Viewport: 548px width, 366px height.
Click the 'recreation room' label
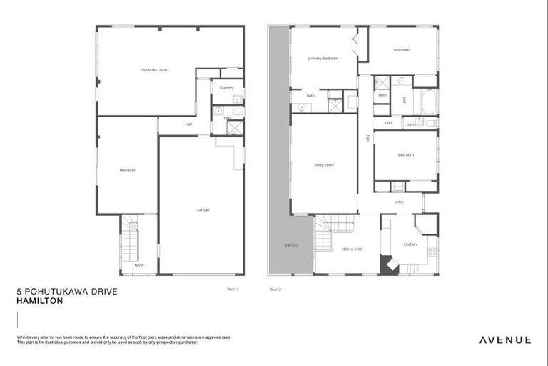pos(154,69)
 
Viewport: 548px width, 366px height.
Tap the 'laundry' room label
pos(227,88)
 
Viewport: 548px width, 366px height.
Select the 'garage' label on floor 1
pos(203,209)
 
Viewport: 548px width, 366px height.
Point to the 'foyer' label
pos(138,264)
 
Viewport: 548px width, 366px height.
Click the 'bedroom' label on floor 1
pos(127,170)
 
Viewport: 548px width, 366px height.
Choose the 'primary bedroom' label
pos(323,58)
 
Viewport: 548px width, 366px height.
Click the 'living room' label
pos(324,165)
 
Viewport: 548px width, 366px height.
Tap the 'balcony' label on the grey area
pos(291,245)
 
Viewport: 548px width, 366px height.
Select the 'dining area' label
pos(352,249)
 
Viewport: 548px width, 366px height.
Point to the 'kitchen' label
pos(410,244)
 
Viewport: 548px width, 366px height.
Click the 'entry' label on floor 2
pos(399,202)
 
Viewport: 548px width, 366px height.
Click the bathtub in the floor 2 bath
pos(428,102)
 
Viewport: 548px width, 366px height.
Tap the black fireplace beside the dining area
pos(390,265)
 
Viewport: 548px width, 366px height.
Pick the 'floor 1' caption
pos(233,289)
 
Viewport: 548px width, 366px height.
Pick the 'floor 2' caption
pos(275,290)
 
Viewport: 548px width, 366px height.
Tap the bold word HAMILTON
pos(39,301)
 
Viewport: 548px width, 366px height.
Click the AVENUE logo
pos(504,340)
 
